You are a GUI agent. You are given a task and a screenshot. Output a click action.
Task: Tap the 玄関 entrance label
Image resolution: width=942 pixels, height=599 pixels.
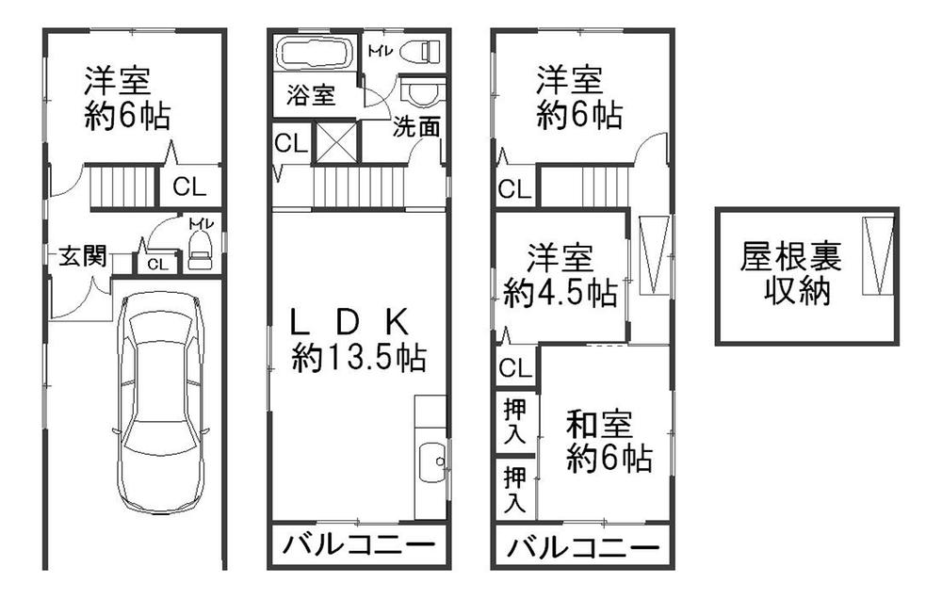82,257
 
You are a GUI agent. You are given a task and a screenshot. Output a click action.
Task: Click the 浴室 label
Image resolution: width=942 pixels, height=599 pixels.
311,96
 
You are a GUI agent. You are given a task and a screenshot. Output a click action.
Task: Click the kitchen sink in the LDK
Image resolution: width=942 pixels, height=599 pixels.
430,461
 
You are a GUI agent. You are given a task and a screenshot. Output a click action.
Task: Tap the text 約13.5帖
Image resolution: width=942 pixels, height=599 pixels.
358,358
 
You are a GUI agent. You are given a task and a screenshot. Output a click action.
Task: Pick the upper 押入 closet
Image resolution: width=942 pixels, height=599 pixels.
514,420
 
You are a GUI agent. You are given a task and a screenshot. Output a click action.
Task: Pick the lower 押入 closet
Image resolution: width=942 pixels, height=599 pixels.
514,488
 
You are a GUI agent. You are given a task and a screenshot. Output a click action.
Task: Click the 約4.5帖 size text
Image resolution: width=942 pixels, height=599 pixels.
560,294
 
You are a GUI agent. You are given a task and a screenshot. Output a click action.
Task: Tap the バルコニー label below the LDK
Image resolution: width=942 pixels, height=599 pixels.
358,546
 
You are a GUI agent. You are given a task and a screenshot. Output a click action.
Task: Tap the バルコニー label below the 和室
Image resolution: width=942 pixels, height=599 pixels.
580,548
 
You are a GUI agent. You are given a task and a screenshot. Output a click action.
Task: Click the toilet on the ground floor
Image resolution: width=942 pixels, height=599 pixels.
200,250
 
